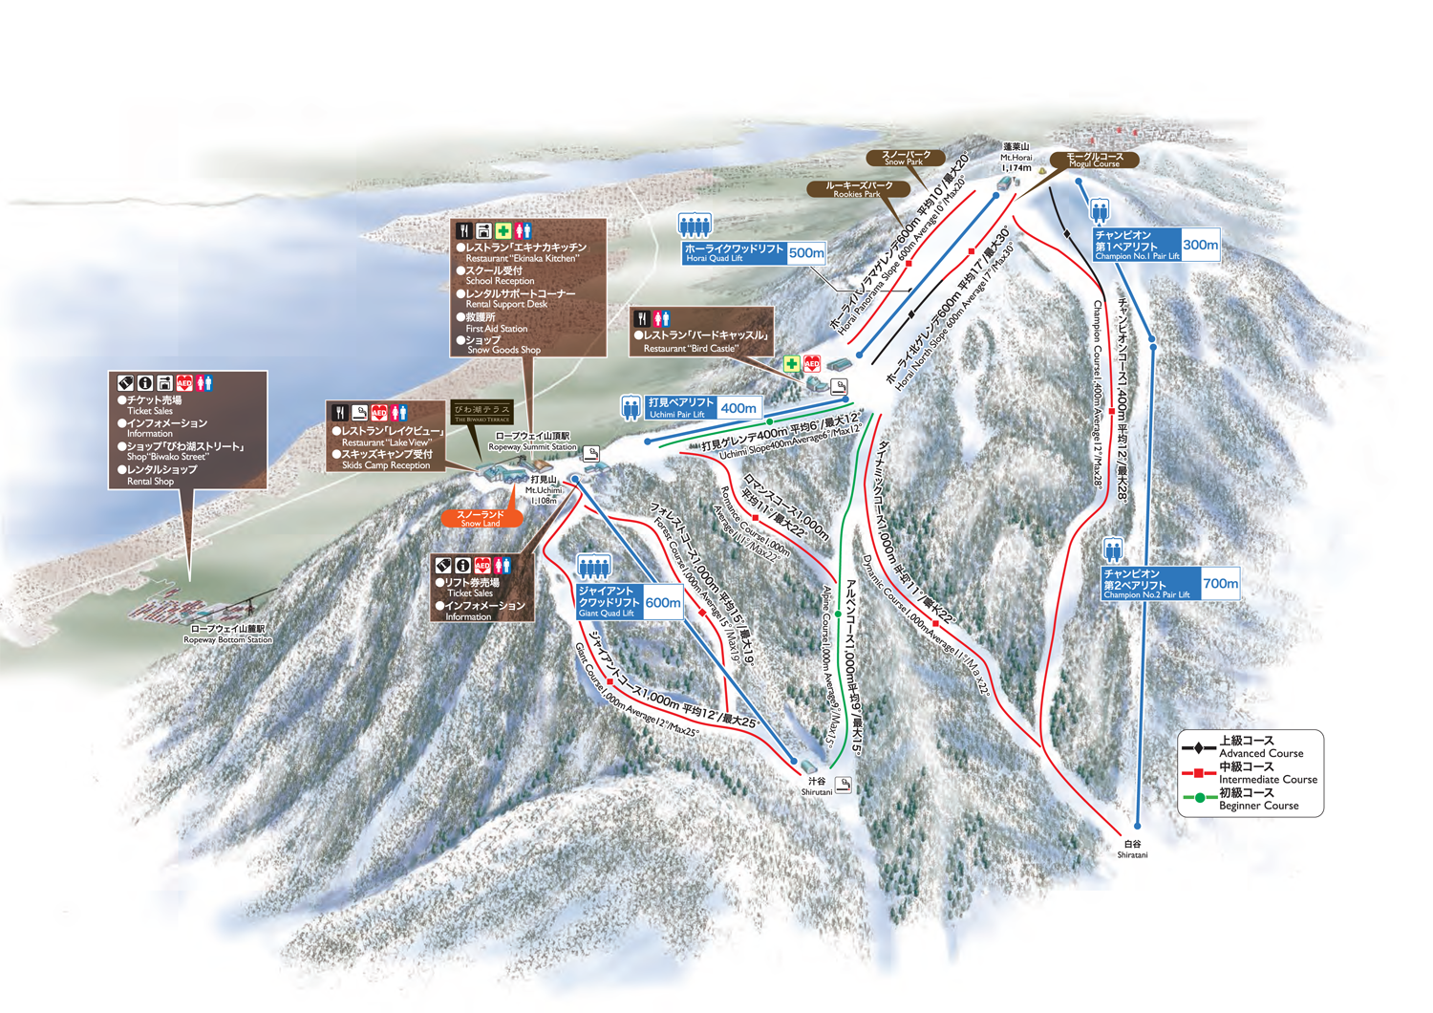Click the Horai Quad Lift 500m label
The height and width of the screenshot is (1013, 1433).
click(754, 252)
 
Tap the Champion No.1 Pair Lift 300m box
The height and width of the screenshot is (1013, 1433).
click(1157, 245)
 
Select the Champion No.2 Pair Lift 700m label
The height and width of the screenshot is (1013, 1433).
click(1170, 583)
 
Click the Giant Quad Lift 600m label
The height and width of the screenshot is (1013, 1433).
click(630, 602)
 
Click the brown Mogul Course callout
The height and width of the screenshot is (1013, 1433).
click(1094, 160)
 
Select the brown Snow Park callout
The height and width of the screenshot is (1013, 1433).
click(905, 158)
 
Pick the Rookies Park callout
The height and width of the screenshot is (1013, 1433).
click(857, 189)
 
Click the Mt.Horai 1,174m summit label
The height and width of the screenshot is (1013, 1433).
click(1016, 157)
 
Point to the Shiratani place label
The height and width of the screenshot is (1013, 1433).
click(1132, 850)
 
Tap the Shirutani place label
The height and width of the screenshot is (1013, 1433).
click(817, 787)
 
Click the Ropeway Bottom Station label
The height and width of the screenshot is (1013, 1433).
click(227, 635)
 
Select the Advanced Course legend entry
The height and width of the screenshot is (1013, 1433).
click(1259, 747)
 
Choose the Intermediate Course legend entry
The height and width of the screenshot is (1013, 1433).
click(1266, 773)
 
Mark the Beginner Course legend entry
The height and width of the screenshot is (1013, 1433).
click(1256, 799)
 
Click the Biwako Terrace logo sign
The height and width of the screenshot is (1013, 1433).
click(482, 413)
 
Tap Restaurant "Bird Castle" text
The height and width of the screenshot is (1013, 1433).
click(702, 342)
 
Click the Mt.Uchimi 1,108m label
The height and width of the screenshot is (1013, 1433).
click(543, 489)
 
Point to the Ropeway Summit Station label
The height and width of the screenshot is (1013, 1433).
click(532, 442)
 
